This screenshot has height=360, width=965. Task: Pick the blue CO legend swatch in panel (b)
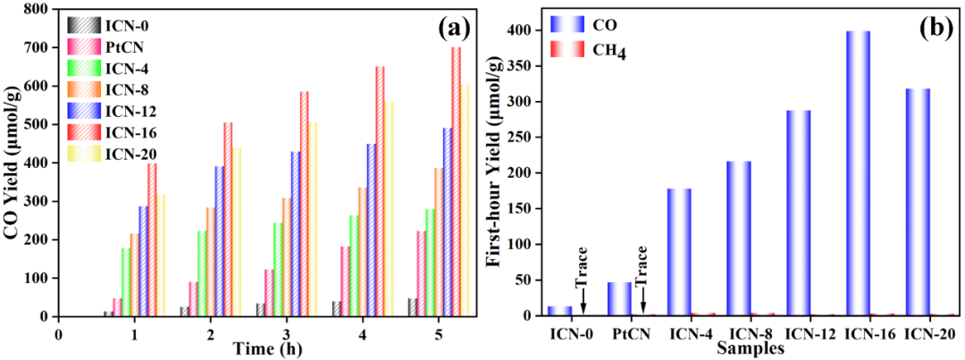tap(567, 24)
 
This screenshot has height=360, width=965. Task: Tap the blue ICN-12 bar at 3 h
tap(296, 234)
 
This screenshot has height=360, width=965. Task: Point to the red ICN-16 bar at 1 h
tap(152, 239)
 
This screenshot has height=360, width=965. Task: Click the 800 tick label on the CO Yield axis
tap(34, 10)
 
